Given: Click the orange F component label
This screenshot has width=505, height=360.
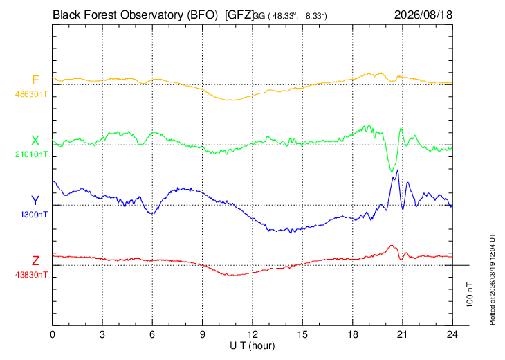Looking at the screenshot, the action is coord(35,80).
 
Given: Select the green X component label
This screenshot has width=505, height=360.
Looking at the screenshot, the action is coord(35,141).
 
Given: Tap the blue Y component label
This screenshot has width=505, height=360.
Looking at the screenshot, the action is coord(35,201).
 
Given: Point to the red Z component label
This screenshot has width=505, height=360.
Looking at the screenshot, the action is coord(35,260).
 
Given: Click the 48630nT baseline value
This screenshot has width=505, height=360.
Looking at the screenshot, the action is coord(31,94).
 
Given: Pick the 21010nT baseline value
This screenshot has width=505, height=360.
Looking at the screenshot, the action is coord(31,154).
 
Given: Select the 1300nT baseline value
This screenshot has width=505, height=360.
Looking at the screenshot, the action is coord(34,215).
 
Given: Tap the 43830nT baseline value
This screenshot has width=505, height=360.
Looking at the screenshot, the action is coord(31,275).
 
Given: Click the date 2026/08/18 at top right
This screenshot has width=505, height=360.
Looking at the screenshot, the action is coord(423,15).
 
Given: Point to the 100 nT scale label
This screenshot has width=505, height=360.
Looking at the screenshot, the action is coord(470,295).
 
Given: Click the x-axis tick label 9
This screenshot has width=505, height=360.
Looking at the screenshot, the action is coord(202,334).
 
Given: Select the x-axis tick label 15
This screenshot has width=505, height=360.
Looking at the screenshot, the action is coord(302,334).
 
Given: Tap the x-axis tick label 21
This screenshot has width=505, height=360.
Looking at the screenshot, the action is coord(402,334).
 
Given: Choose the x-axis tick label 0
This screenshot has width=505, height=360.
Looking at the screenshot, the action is coord(52,334).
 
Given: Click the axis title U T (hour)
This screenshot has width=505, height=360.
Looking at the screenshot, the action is coord(252,346).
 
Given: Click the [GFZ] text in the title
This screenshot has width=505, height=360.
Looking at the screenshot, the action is coord(239,15).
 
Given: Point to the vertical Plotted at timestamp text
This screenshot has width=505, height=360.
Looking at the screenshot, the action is coord(492,279).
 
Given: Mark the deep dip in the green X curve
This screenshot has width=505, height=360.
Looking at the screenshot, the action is coord(392,172).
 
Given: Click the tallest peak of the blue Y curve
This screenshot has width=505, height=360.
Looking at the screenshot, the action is coord(398,170).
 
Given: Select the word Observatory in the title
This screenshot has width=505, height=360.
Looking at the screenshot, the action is coord(151,15).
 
